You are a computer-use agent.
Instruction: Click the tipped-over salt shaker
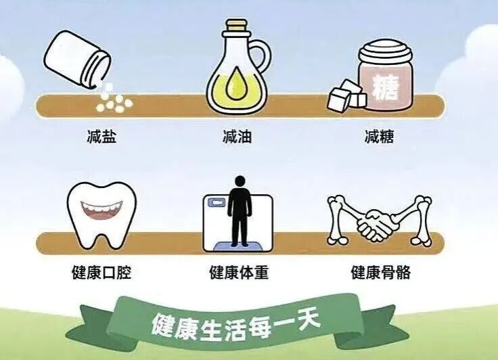pyautogui.click(x=77, y=60)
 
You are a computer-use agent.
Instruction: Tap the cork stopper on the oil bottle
pyautogui.click(x=236, y=26)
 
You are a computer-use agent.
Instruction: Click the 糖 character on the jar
pyautogui.click(x=385, y=87)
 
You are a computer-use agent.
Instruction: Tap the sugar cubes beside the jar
pyautogui.click(x=347, y=95)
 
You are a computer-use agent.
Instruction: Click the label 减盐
pyautogui.click(x=101, y=137)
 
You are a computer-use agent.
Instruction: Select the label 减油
pyautogui.click(x=237, y=137)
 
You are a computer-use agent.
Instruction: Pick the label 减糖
pyautogui.click(x=379, y=137)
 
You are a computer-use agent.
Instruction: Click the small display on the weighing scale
pyautogui.click(x=216, y=202)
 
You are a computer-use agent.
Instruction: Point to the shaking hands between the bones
pyautogui.click(x=376, y=225)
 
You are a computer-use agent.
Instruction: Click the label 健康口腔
pyautogui.click(x=101, y=273)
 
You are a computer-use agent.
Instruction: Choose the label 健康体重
pyautogui.click(x=239, y=273)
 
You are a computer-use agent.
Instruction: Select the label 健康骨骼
pyautogui.click(x=380, y=273)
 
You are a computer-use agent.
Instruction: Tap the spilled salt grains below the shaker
pyautogui.click(x=114, y=100)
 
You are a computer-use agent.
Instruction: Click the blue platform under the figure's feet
pyautogui.click(x=240, y=246)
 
